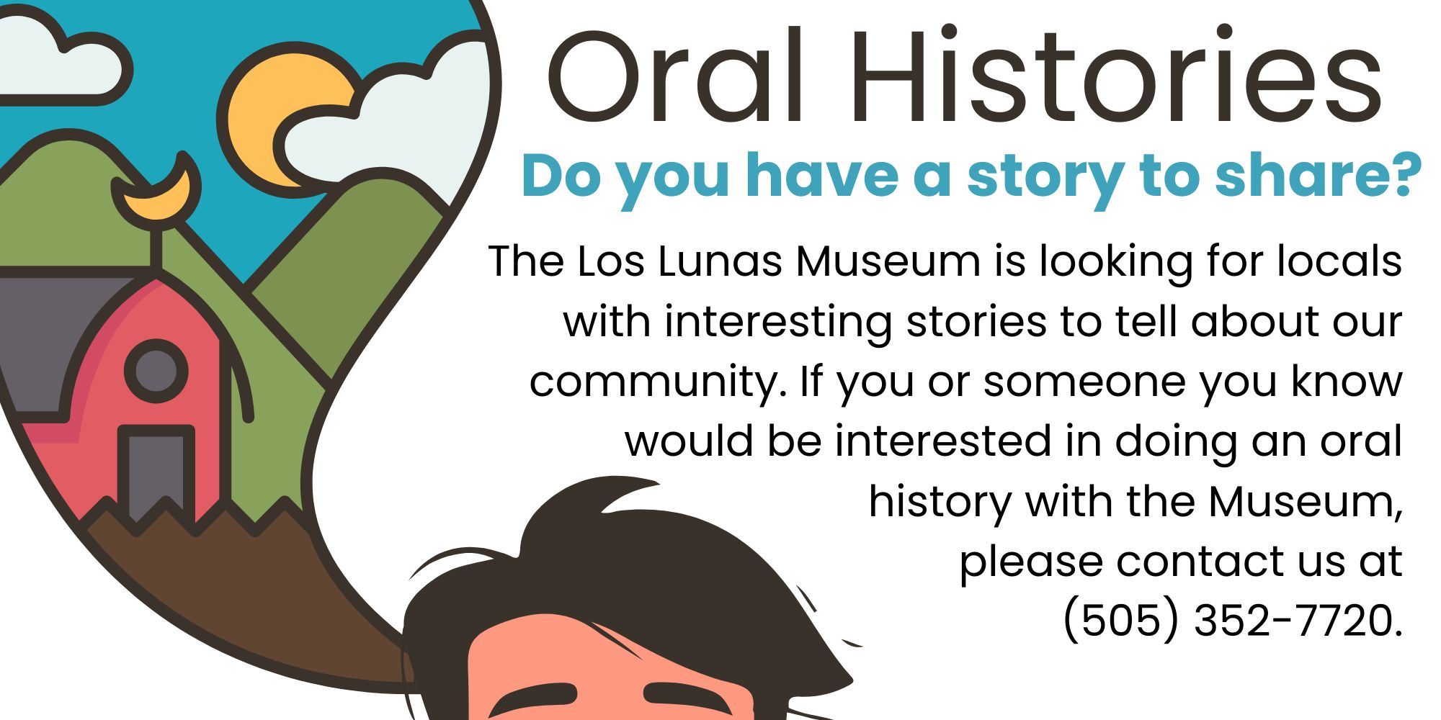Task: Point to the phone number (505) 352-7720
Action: click(x=1233, y=620)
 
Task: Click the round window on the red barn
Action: click(x=156, y=372)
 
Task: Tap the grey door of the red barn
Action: click(x=156, y=472)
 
